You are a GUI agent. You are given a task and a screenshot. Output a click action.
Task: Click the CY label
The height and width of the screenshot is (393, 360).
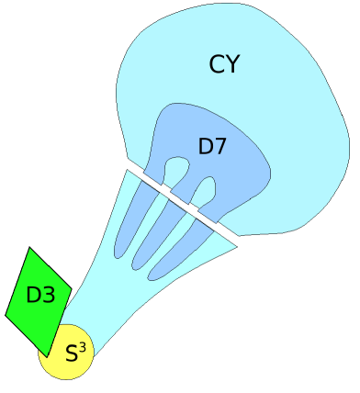pos(225,64)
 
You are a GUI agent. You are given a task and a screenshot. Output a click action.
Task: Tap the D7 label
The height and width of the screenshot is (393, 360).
pos(212,145)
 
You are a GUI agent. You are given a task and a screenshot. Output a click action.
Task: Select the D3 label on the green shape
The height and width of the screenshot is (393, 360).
pos(41,295)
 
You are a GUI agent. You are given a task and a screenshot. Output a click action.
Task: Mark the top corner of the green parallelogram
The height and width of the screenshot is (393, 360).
pos(31,247)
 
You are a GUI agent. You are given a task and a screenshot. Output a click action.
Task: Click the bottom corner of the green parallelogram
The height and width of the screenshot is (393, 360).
pos(46,356)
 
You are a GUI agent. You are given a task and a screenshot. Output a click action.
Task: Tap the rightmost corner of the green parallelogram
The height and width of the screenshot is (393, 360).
pos(72,284)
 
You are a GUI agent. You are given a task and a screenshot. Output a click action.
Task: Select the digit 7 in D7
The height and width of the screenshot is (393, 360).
pos(221,145)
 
